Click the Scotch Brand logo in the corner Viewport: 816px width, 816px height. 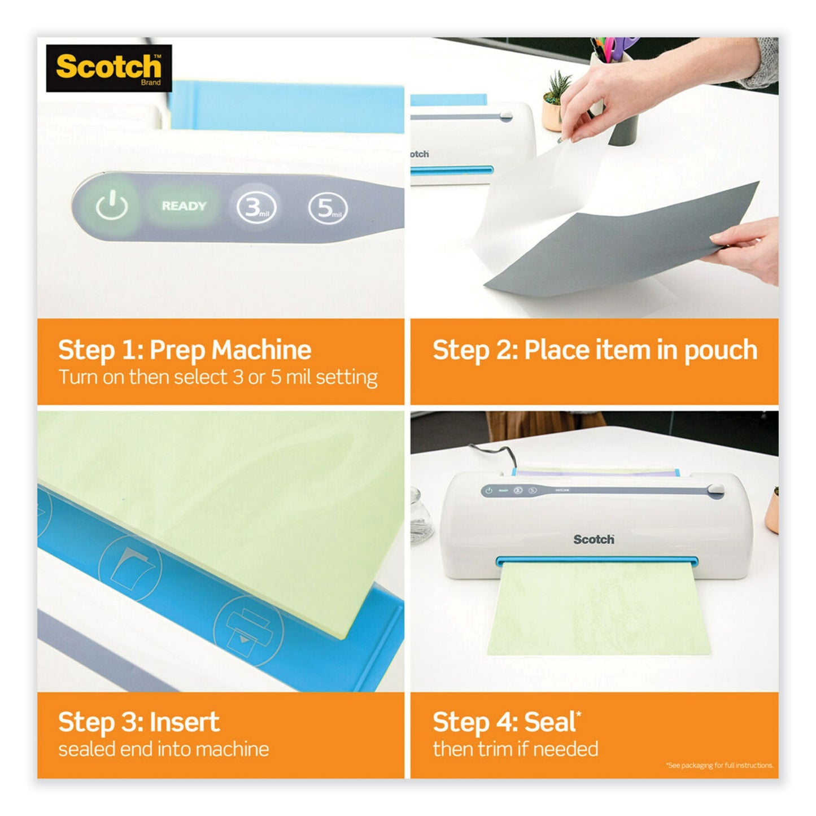point(108,68)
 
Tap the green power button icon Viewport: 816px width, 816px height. point(112,206)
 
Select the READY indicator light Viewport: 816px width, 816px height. point(184,206)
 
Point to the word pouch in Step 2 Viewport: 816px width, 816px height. point(721,350)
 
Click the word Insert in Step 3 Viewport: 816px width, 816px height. point(185,722)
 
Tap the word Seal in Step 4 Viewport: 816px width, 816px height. point(550,722)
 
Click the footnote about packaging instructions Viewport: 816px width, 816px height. point(719,766)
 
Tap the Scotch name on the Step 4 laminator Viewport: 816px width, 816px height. point(594,539)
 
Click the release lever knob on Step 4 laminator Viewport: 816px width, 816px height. point(715,490)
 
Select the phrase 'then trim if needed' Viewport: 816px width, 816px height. point(515,749)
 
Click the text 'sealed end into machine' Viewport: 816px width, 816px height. point(163,749)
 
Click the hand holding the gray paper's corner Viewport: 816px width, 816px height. point(745,248)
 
